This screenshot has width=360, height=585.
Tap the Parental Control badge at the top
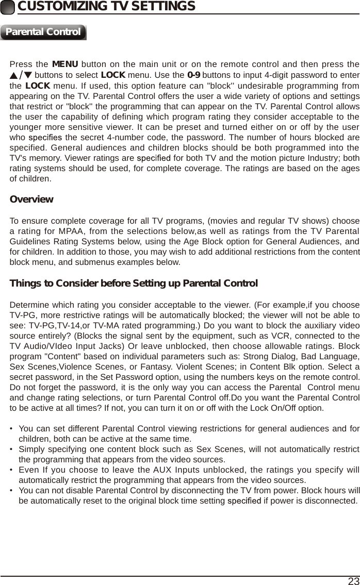43,32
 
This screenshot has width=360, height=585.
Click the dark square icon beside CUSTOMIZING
8,7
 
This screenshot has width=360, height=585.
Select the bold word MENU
65,64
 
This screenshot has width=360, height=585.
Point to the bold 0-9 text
194,75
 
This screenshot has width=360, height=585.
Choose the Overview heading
31,199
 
